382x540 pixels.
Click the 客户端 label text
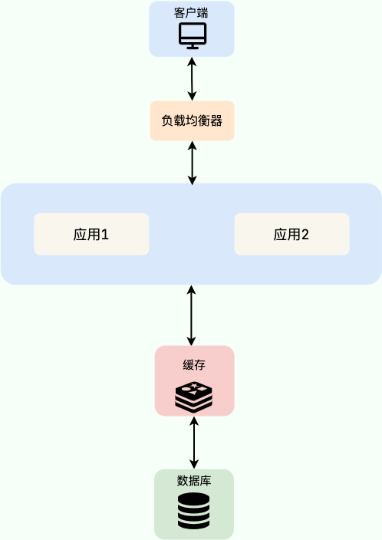(x=191, y=13)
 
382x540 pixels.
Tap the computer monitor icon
(x=192, y=36)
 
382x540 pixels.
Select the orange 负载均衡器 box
(x=192, y=120)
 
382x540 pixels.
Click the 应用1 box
(x=91, y=234)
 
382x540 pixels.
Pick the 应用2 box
(x=291, y=234)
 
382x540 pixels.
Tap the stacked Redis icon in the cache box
(x=193, y=396)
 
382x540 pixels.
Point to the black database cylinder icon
(x=193, y=511)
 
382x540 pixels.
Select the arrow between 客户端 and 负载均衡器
(x=192, y=79)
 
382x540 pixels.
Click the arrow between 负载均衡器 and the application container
(x=192, y=163)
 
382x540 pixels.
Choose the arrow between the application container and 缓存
(x=192, y=315)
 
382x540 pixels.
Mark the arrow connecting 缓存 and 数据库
(x=194, y=443)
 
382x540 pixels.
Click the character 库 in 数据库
(x=206, y=481)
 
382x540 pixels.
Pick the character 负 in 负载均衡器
(x=167, y=120)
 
